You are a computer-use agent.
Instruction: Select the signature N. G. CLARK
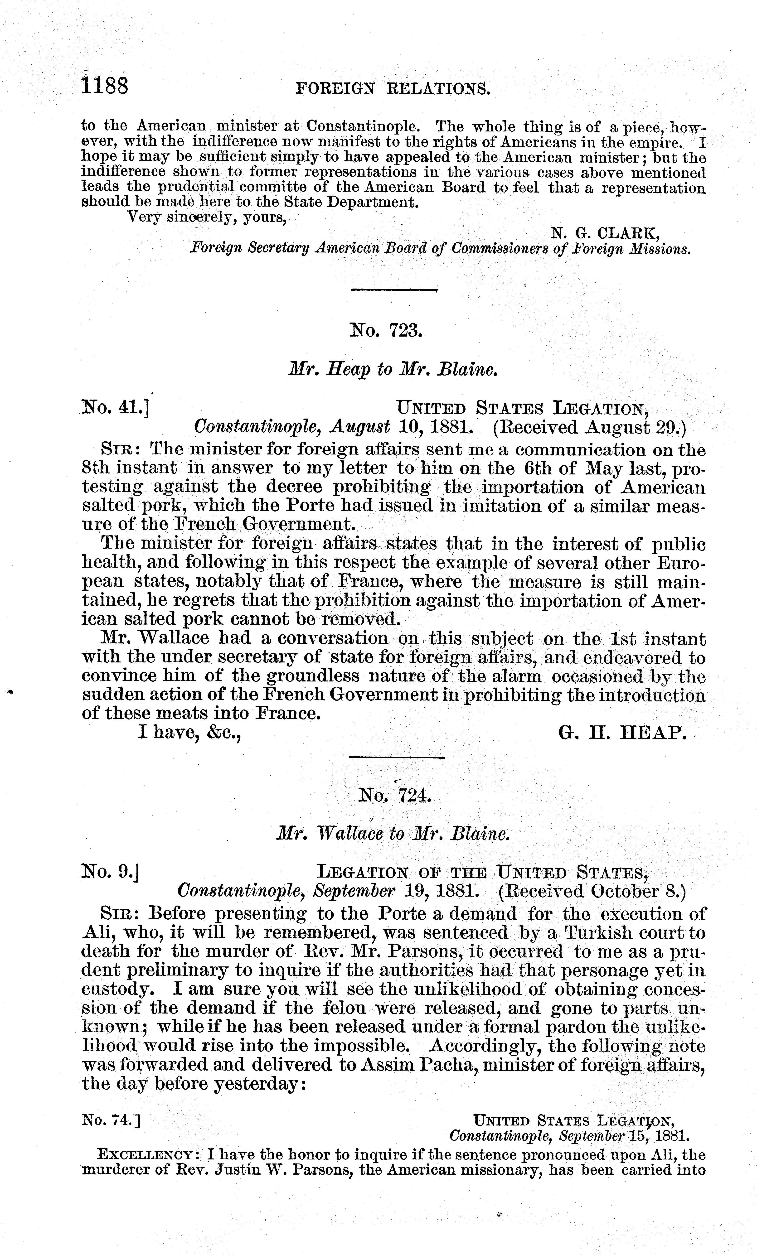(606, 233)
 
